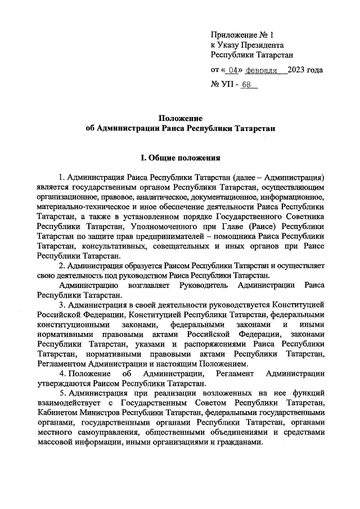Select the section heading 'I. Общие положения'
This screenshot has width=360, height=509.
180,159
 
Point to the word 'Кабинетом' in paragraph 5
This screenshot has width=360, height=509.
56,413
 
